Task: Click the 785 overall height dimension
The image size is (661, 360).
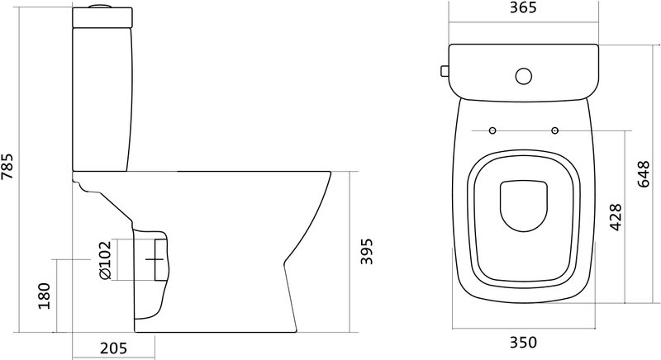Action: [7, 166]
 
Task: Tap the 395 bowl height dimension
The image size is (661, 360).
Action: [367, 251]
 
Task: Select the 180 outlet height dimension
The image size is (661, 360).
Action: [45, 296]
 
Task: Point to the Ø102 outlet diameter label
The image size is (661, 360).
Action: [105, 260]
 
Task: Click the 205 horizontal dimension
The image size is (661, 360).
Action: [113, 348]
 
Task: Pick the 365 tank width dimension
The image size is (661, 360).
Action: [523, 7]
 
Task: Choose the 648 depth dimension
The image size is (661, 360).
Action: [644, 174]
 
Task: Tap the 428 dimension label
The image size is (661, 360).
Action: [616, 217]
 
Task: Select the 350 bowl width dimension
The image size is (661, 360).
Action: [524, 343]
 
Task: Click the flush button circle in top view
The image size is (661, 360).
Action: [524, 76]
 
